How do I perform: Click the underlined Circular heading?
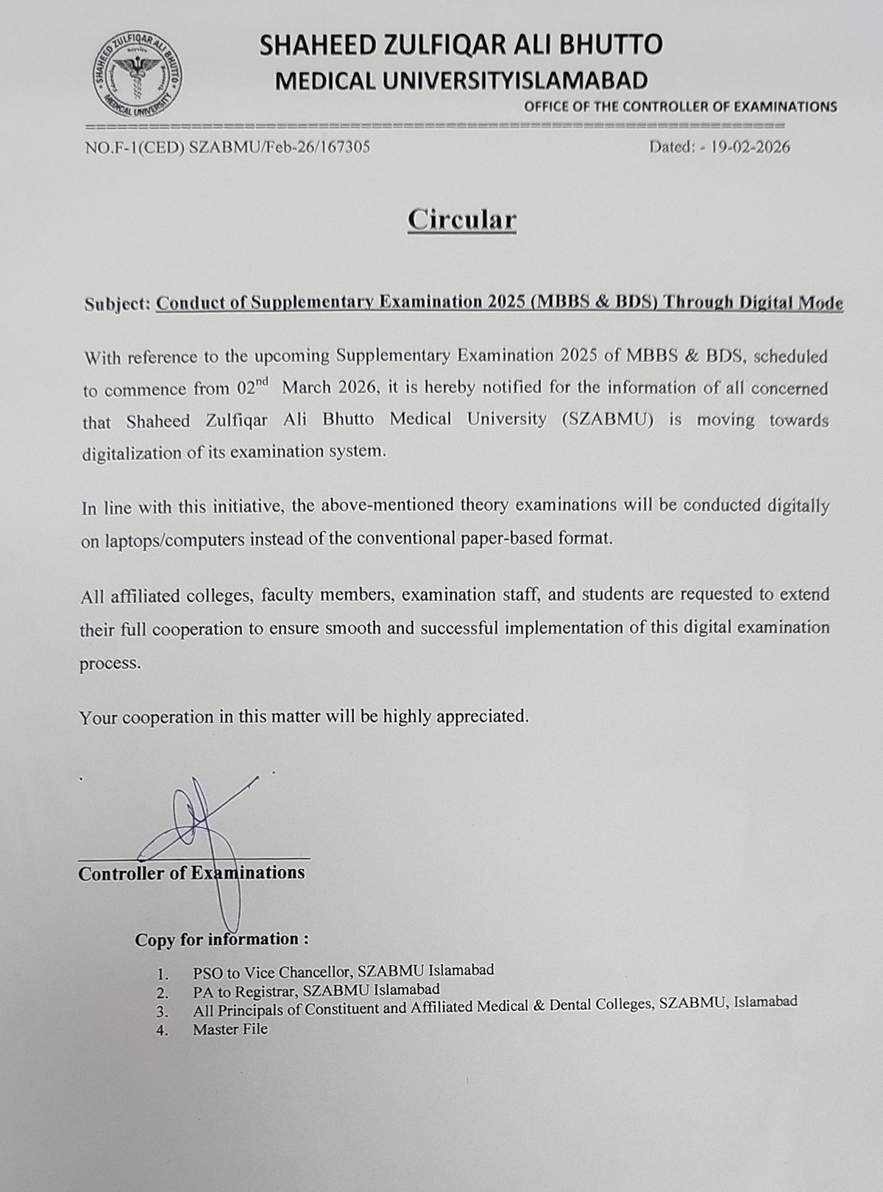tap(462, 219)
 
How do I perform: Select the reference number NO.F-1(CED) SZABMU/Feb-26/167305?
tap(227, 147)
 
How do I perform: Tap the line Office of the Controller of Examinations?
tap(680, 107)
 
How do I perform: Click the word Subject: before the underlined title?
tap(117, 305)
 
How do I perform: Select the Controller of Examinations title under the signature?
tap(191, 873)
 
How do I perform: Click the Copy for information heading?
tap(221, 940)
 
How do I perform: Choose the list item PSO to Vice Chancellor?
tap(343, 971)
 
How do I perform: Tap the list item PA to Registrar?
tap(316, 990)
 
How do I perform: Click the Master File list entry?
tap(230, 1029)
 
